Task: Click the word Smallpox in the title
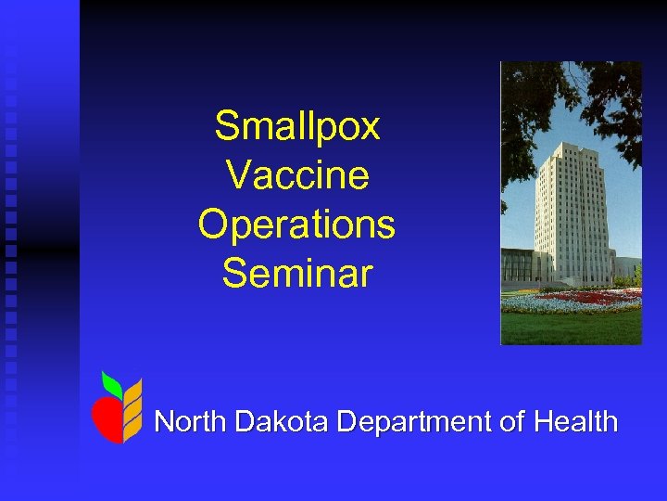tap(296, 126)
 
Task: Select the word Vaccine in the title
tap(296, 175)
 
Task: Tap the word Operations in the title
tap(296, 225)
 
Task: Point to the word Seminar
tap(296, 274)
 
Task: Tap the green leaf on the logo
tap(112, 382)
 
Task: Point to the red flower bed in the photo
tap(593, 299)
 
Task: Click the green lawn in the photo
tap(570, 328)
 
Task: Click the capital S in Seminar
tap(233, 274)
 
